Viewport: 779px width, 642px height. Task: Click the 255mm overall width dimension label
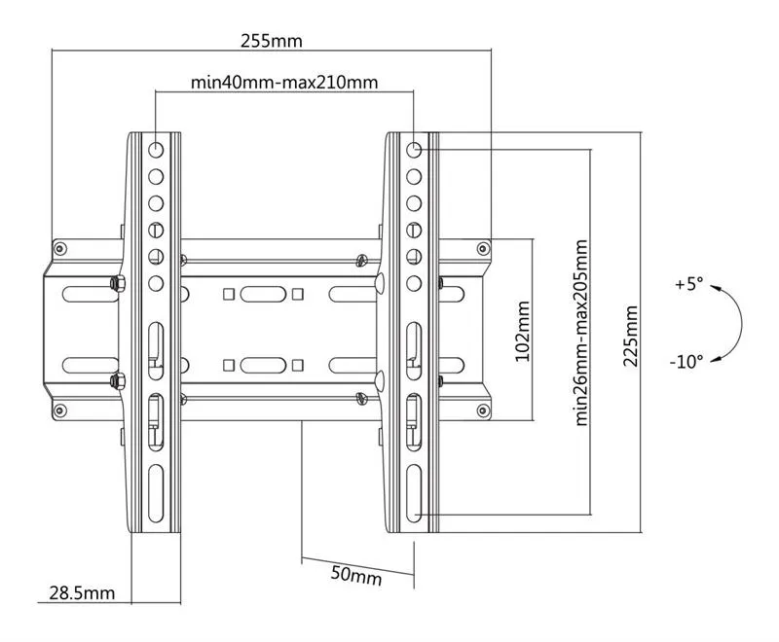tap(272, 41)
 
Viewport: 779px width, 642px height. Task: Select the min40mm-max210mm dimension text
tap(284, 81)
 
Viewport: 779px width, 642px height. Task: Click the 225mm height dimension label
tap(631, 336)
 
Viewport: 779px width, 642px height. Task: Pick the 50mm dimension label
tap(355, 574)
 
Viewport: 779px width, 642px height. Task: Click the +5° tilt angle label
tap(686, 285)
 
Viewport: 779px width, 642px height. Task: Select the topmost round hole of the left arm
tap(156, 150)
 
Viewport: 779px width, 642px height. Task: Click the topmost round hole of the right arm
tap(414, 150)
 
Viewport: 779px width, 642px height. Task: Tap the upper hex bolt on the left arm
tap(117, 283)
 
